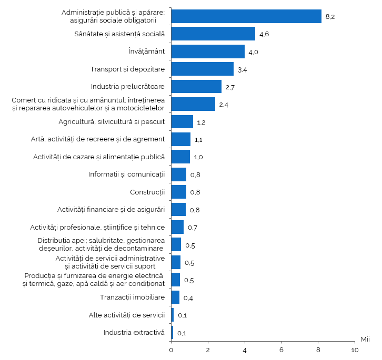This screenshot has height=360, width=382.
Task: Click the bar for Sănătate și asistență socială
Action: click(213, 34)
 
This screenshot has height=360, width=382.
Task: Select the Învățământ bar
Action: click(208, 52)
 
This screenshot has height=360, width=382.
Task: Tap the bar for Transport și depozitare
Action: click(202, 69)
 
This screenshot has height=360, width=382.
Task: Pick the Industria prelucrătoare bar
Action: click(196, 87)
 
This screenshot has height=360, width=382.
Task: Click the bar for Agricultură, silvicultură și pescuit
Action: click(182, 122)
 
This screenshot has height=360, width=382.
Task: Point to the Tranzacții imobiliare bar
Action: click(175, 297)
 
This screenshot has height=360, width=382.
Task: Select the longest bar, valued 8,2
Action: click(246, 16)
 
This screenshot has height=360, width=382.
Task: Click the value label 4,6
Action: click(264, 34)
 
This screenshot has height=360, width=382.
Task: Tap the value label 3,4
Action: click(243, 69)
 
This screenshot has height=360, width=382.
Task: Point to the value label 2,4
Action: click(224, 105)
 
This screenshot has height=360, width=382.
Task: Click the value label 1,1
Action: click(199, 140)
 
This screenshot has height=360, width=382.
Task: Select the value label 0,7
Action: click(192, 228)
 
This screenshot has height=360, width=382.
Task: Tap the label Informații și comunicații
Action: click(127, 174)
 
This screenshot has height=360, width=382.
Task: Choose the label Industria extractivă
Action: click(134, 332)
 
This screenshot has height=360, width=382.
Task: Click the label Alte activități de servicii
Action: click(127, 315)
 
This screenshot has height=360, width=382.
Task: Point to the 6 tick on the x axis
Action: click(282, 350)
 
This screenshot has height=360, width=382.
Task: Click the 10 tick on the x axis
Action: click(355, 350)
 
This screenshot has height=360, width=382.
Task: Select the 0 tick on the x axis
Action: click(171, 350)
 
